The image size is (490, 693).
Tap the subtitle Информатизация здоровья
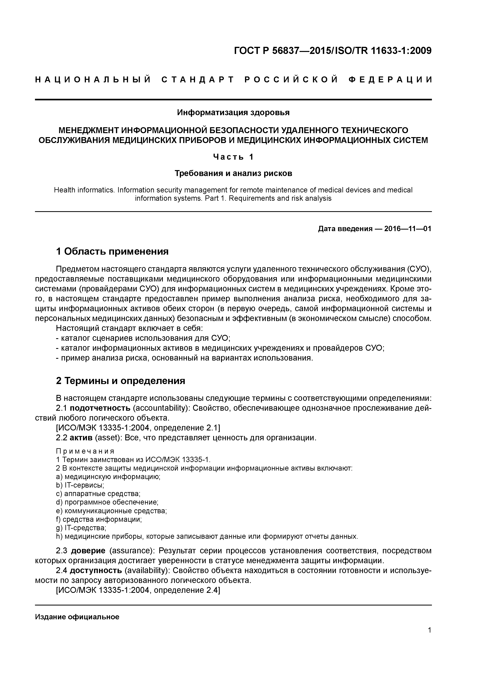click(233, 113)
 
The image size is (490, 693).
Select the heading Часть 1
click(233, 157)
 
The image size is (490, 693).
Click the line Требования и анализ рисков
click(233, 174)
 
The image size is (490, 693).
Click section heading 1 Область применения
click(112, 251)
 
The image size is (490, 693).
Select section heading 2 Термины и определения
click(121, 381)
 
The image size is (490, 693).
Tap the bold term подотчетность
click(100, 408)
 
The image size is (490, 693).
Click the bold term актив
click(83, 438)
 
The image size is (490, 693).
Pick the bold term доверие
click(88, 551)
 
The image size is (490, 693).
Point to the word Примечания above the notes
click(85, 451)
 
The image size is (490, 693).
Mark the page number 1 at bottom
click(429, 630)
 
